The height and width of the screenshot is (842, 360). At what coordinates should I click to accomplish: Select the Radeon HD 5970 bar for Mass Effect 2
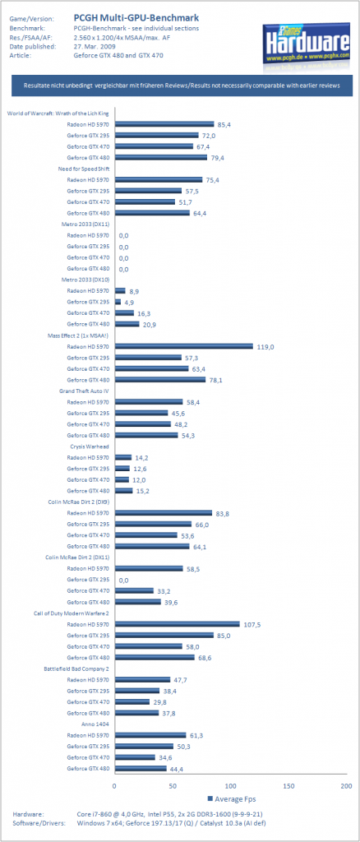(x=183, y=346)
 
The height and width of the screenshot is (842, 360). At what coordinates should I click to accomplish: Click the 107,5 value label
(x=254, y=625)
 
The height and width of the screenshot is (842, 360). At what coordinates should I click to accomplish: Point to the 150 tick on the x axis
(x=288, y=785)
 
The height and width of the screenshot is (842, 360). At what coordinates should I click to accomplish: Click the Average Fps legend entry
(x=229, y=798)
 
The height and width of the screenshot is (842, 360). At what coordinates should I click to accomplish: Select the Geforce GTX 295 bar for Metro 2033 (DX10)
(x=118, y=302)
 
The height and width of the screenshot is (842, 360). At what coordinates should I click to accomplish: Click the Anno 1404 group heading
(x=95, y=724)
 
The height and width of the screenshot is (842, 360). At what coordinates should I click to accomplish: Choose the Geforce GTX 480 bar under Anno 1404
(x=140, y=769)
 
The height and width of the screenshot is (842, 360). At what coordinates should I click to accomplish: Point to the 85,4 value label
(x=224, y=124)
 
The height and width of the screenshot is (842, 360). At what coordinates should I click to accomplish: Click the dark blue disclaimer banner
(x=181, y=86)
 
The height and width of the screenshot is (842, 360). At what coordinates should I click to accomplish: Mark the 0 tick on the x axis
(x=114, y=785)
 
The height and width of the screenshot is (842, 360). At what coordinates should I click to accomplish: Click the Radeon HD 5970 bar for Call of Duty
(x=177, y=624)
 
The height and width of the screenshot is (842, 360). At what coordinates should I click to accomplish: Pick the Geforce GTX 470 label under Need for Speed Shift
(x=88, y=202)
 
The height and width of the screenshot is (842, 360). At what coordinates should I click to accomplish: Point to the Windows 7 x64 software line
(x=173, y=823)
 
